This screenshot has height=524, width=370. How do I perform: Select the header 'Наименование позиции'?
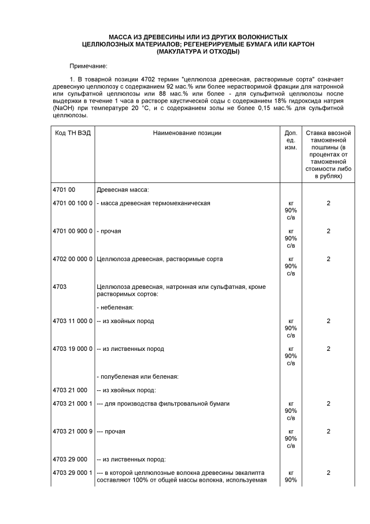(187, 133)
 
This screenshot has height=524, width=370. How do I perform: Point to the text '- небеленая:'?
(115, 307)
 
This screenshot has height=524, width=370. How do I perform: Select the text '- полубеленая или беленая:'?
(138, 376)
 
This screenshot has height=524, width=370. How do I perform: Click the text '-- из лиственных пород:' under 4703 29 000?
(131, 459)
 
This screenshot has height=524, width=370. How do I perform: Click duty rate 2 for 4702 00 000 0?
(328, 259)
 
